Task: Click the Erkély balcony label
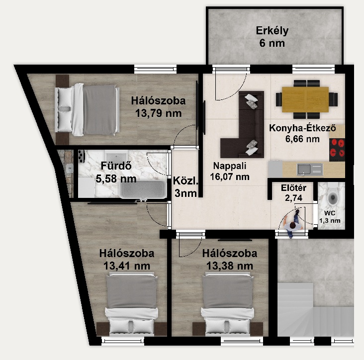pos(272,31)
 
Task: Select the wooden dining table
pos(305,99)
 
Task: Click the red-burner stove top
pos(337,150)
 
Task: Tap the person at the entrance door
pos(293,224)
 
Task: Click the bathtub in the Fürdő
pos(143,189)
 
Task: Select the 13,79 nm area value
pos(158,113)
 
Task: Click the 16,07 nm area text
pos(230,177)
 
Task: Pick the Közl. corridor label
pos(185,181)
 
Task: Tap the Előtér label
pos(294,188)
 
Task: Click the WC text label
pos(330,213)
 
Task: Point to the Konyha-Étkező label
pos(302,128)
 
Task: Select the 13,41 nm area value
pos(127,266)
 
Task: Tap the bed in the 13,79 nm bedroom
pos(87,109)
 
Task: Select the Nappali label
pos(230,166)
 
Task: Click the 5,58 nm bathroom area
pos(116,179)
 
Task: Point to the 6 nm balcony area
pos(272,43)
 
